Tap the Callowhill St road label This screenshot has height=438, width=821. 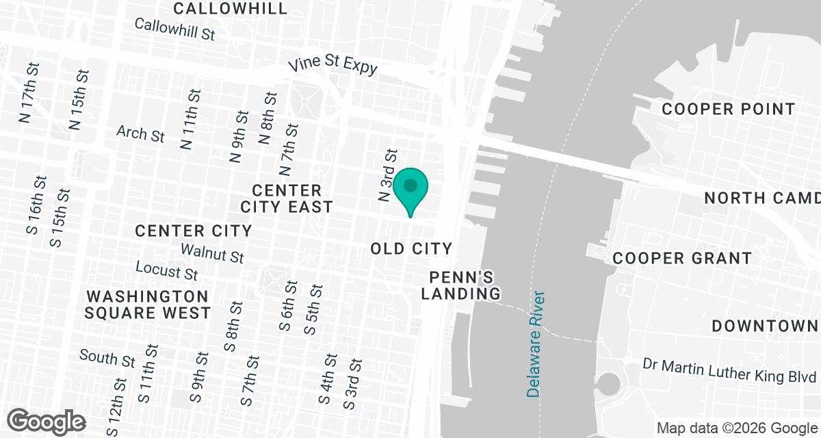click(175, 29)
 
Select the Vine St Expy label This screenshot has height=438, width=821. click(333, 66)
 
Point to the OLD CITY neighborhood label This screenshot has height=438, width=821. click(411, 248)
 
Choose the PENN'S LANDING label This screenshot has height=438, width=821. click(461, 285)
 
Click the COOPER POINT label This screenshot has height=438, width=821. click(729, 109)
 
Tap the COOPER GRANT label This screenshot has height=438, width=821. click(682, 258)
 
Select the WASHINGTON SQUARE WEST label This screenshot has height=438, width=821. click(148, 305)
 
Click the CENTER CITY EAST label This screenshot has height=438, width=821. click(287, 198)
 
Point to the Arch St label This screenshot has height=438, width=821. click(140, 133)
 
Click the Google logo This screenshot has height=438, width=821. click(46, 420)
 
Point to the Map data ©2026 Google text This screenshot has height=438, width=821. click(738, 428)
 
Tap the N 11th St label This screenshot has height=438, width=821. click(190, 119)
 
